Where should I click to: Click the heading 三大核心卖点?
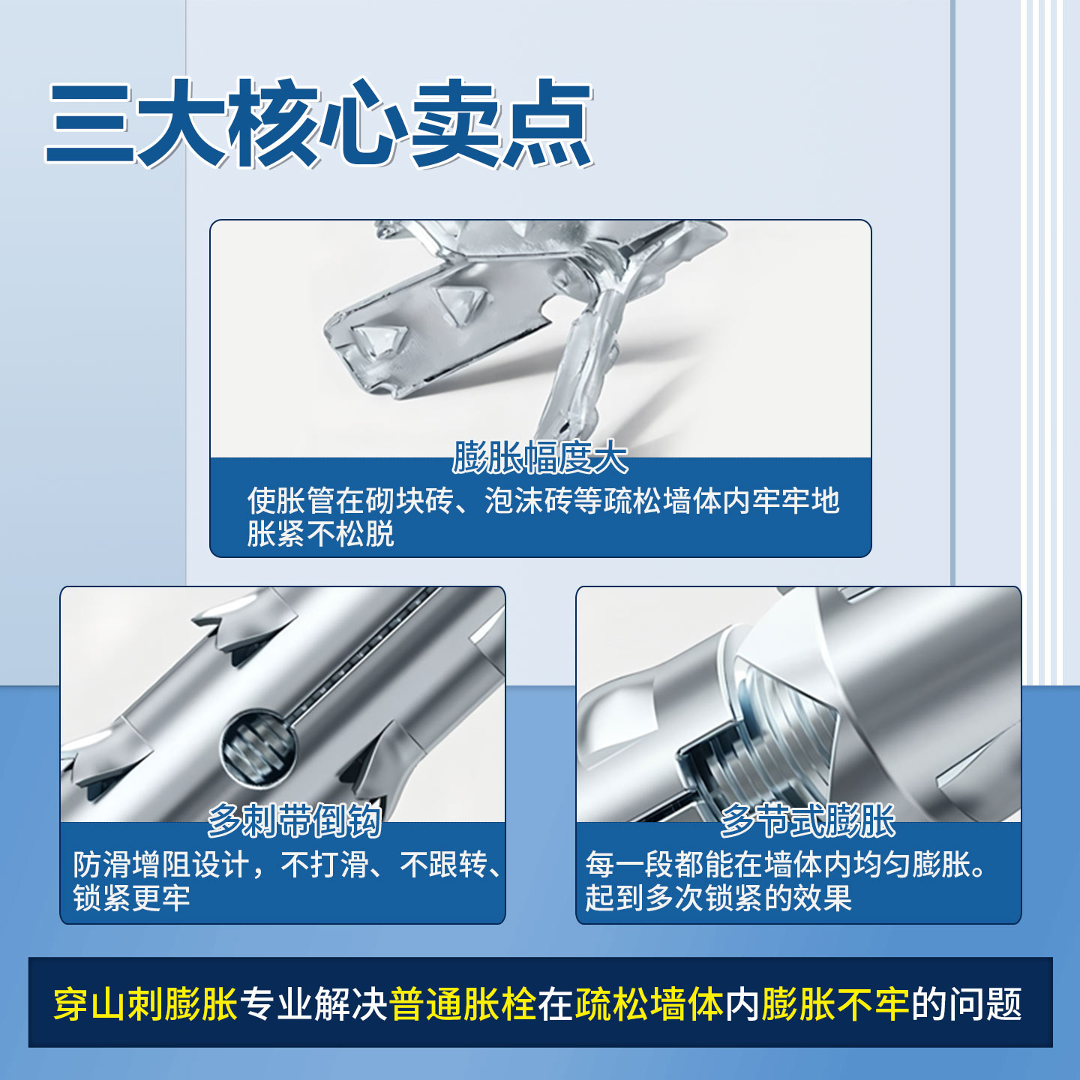(319, 123)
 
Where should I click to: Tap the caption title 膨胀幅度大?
(540, 457)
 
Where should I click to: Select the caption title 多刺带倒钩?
(294, 820)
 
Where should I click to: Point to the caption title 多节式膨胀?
(807, 820)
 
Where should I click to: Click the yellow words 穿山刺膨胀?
(145, 1004)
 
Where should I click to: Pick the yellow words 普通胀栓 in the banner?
(463, 1004)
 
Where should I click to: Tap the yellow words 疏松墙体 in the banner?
(649, 1004)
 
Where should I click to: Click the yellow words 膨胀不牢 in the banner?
(835, 1004)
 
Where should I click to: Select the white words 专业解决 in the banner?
(313, 1004)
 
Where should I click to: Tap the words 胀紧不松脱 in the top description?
(320, 534)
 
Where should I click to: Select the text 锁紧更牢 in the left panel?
(131, 898)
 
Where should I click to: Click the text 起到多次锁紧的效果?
(718, 898)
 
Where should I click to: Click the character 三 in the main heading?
(90, 124)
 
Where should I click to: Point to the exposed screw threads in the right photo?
(780, 735)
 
